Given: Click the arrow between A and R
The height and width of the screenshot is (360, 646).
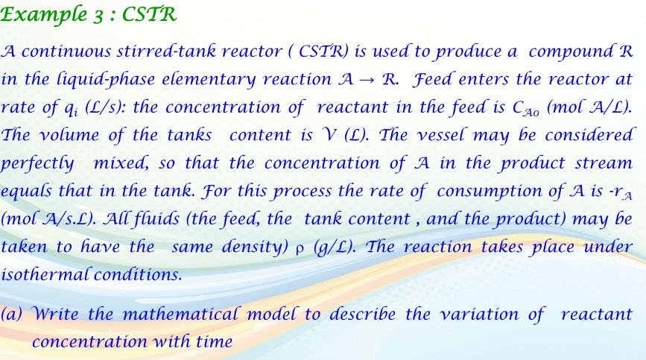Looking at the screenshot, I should coord(365,80).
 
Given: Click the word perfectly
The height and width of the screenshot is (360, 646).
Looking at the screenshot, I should coord(37,163).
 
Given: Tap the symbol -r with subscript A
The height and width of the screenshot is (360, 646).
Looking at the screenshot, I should coord(621,192).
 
